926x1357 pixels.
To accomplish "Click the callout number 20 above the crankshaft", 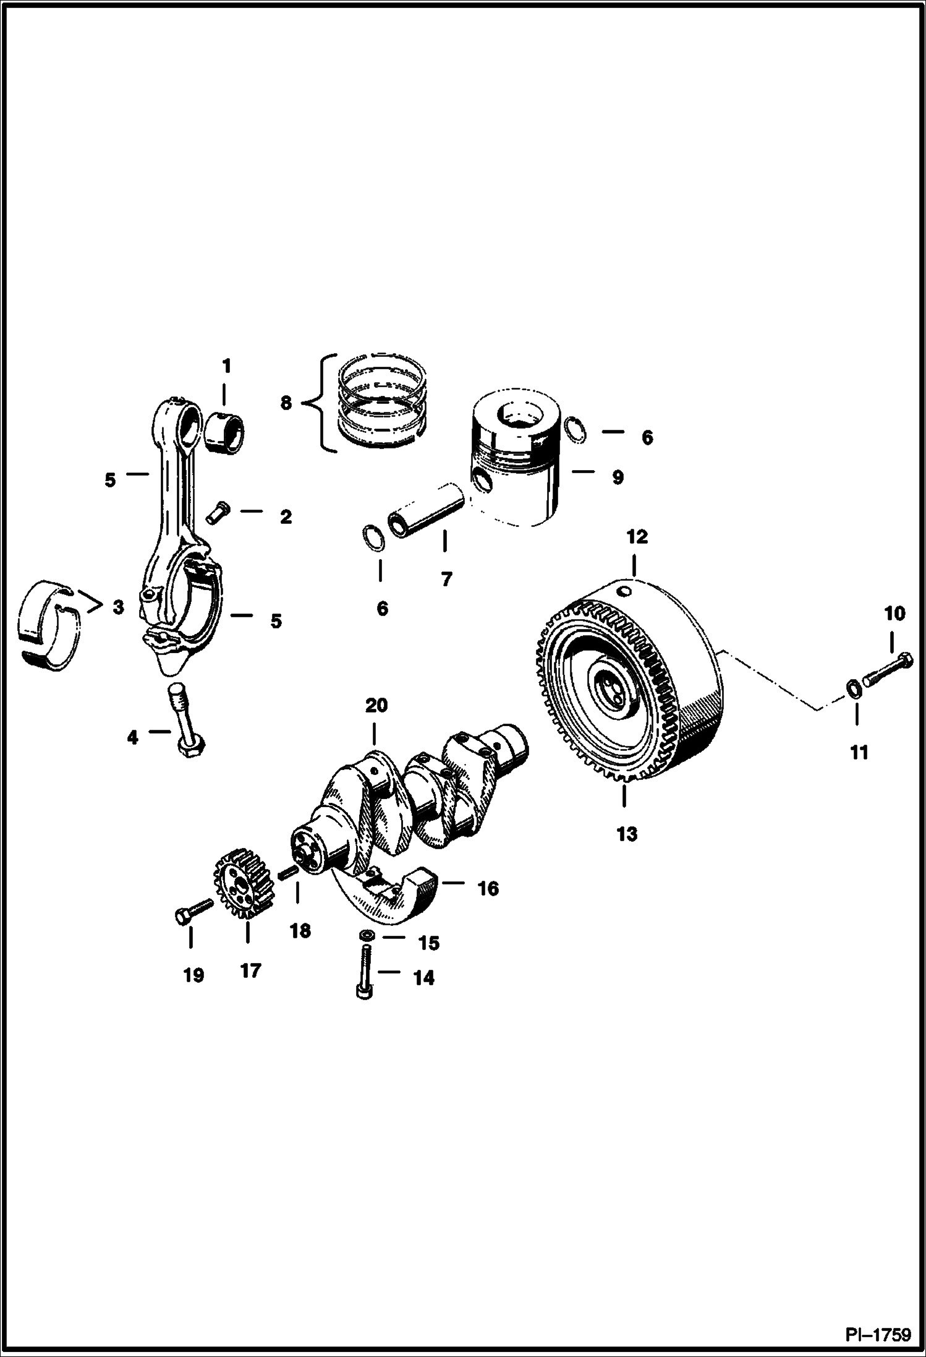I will point(376,705).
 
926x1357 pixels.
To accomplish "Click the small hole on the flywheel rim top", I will point(626,593).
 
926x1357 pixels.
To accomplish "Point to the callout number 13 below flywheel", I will point(626,834).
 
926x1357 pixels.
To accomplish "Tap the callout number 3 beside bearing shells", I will point(118,607).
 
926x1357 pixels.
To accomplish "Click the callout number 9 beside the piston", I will point(617,477).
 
